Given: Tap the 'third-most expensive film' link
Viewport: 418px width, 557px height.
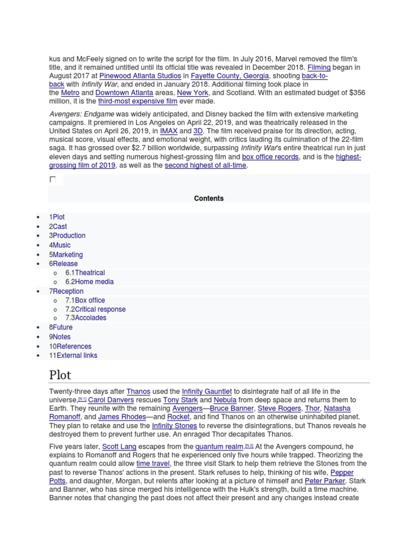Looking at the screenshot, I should click(138, 101).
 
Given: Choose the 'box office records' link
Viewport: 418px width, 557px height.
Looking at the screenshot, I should click(270, 157).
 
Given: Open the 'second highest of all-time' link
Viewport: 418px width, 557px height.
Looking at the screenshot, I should click(206, 165).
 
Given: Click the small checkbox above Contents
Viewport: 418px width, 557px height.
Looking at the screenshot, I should click(53, 180).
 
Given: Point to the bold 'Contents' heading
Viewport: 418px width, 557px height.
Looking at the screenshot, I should click(209, 199).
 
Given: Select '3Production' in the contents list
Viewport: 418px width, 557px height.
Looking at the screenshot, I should click(67, 236).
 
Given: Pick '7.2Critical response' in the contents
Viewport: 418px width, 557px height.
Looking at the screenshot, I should click(95, 309).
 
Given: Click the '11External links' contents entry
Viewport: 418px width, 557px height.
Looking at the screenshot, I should click(73, 355).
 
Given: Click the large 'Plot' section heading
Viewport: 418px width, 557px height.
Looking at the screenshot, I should click(60, 375).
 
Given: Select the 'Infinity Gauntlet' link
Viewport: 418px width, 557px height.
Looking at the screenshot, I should click(207, 391).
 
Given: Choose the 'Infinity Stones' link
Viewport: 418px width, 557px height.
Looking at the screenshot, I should click(174, 425).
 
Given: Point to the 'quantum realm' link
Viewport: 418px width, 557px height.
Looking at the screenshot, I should click(215, 447).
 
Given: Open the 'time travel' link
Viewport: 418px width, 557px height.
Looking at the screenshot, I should click(153, 463).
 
